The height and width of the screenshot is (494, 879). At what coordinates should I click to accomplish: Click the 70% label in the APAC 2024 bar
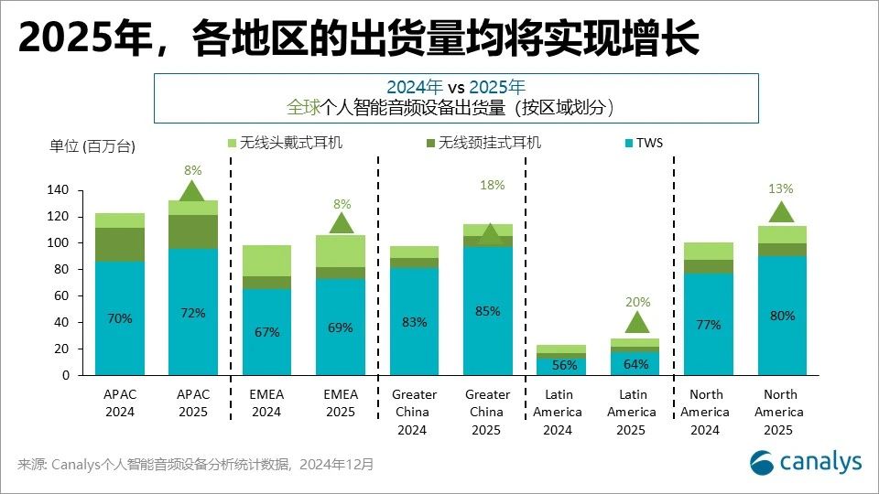(x=119, y=319)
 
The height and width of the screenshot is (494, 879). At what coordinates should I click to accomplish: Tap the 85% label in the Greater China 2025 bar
(x=488, y=311)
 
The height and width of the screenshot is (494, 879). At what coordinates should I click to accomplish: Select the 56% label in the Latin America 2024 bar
(x=561, y=363)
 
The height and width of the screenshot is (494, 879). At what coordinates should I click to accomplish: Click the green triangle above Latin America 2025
(x=636, y=322)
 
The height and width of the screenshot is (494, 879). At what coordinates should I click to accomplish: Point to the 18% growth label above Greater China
(x=492, y=185)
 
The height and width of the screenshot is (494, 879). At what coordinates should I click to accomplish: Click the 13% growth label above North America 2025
(x=781, y=188)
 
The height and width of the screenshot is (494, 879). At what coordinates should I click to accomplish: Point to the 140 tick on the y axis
(x=58, y=190)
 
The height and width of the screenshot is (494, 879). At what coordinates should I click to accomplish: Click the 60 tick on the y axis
(x=61, y=295)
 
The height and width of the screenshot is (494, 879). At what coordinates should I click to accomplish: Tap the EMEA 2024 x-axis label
(x=266, y=403)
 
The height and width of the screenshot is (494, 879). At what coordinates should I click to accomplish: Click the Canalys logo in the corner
(x=806, y=463)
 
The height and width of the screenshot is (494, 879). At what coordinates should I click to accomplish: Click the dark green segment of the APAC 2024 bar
(x=119, y=244)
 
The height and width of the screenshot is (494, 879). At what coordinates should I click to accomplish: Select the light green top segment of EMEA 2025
(x=341, y=251)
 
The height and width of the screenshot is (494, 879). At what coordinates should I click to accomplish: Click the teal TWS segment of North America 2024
(x=708, y=324)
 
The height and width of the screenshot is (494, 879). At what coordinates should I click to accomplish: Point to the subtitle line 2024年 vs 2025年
(x=455, y=87)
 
